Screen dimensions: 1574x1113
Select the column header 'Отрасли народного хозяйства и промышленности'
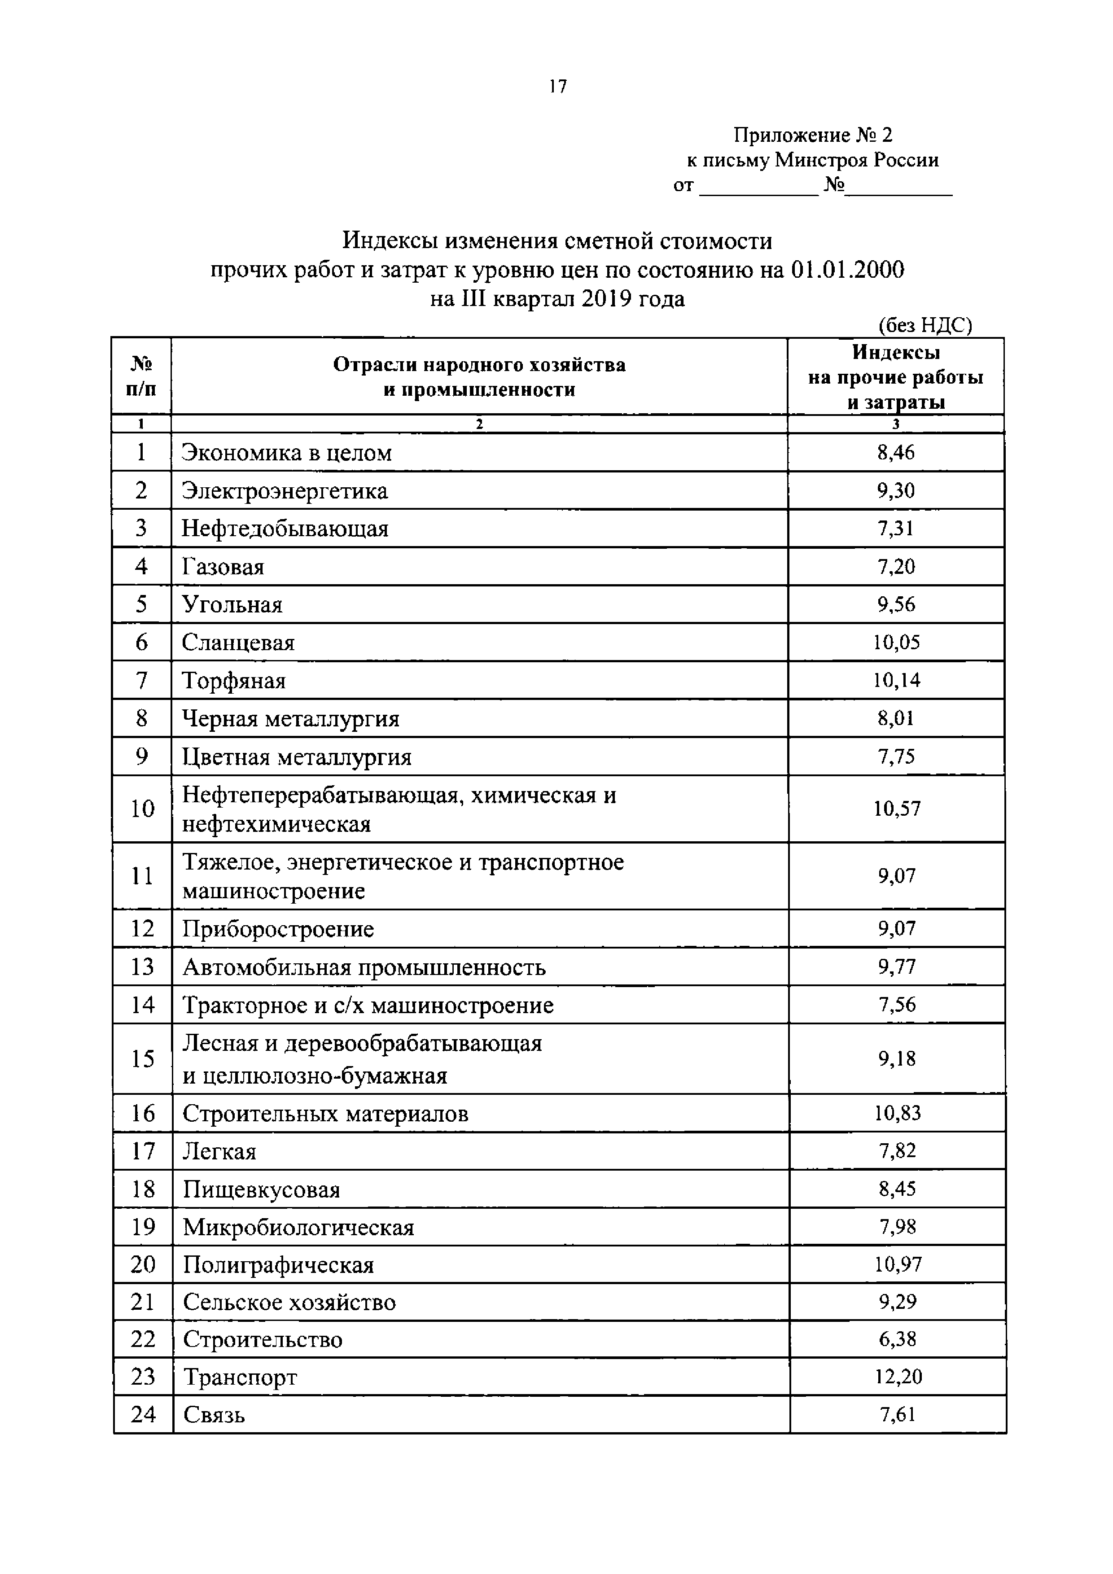479,377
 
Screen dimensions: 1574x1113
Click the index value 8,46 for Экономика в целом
896,452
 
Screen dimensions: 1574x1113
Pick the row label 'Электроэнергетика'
285,491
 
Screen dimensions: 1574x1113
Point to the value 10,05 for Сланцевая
896,643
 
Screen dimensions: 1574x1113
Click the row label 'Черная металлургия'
291,719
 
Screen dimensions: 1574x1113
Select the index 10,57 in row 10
896,809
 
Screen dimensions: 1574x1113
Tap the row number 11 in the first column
142,876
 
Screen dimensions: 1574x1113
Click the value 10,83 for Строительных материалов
897,1113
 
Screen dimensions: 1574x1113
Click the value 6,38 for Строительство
898,1339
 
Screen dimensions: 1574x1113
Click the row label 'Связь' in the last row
214,1415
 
